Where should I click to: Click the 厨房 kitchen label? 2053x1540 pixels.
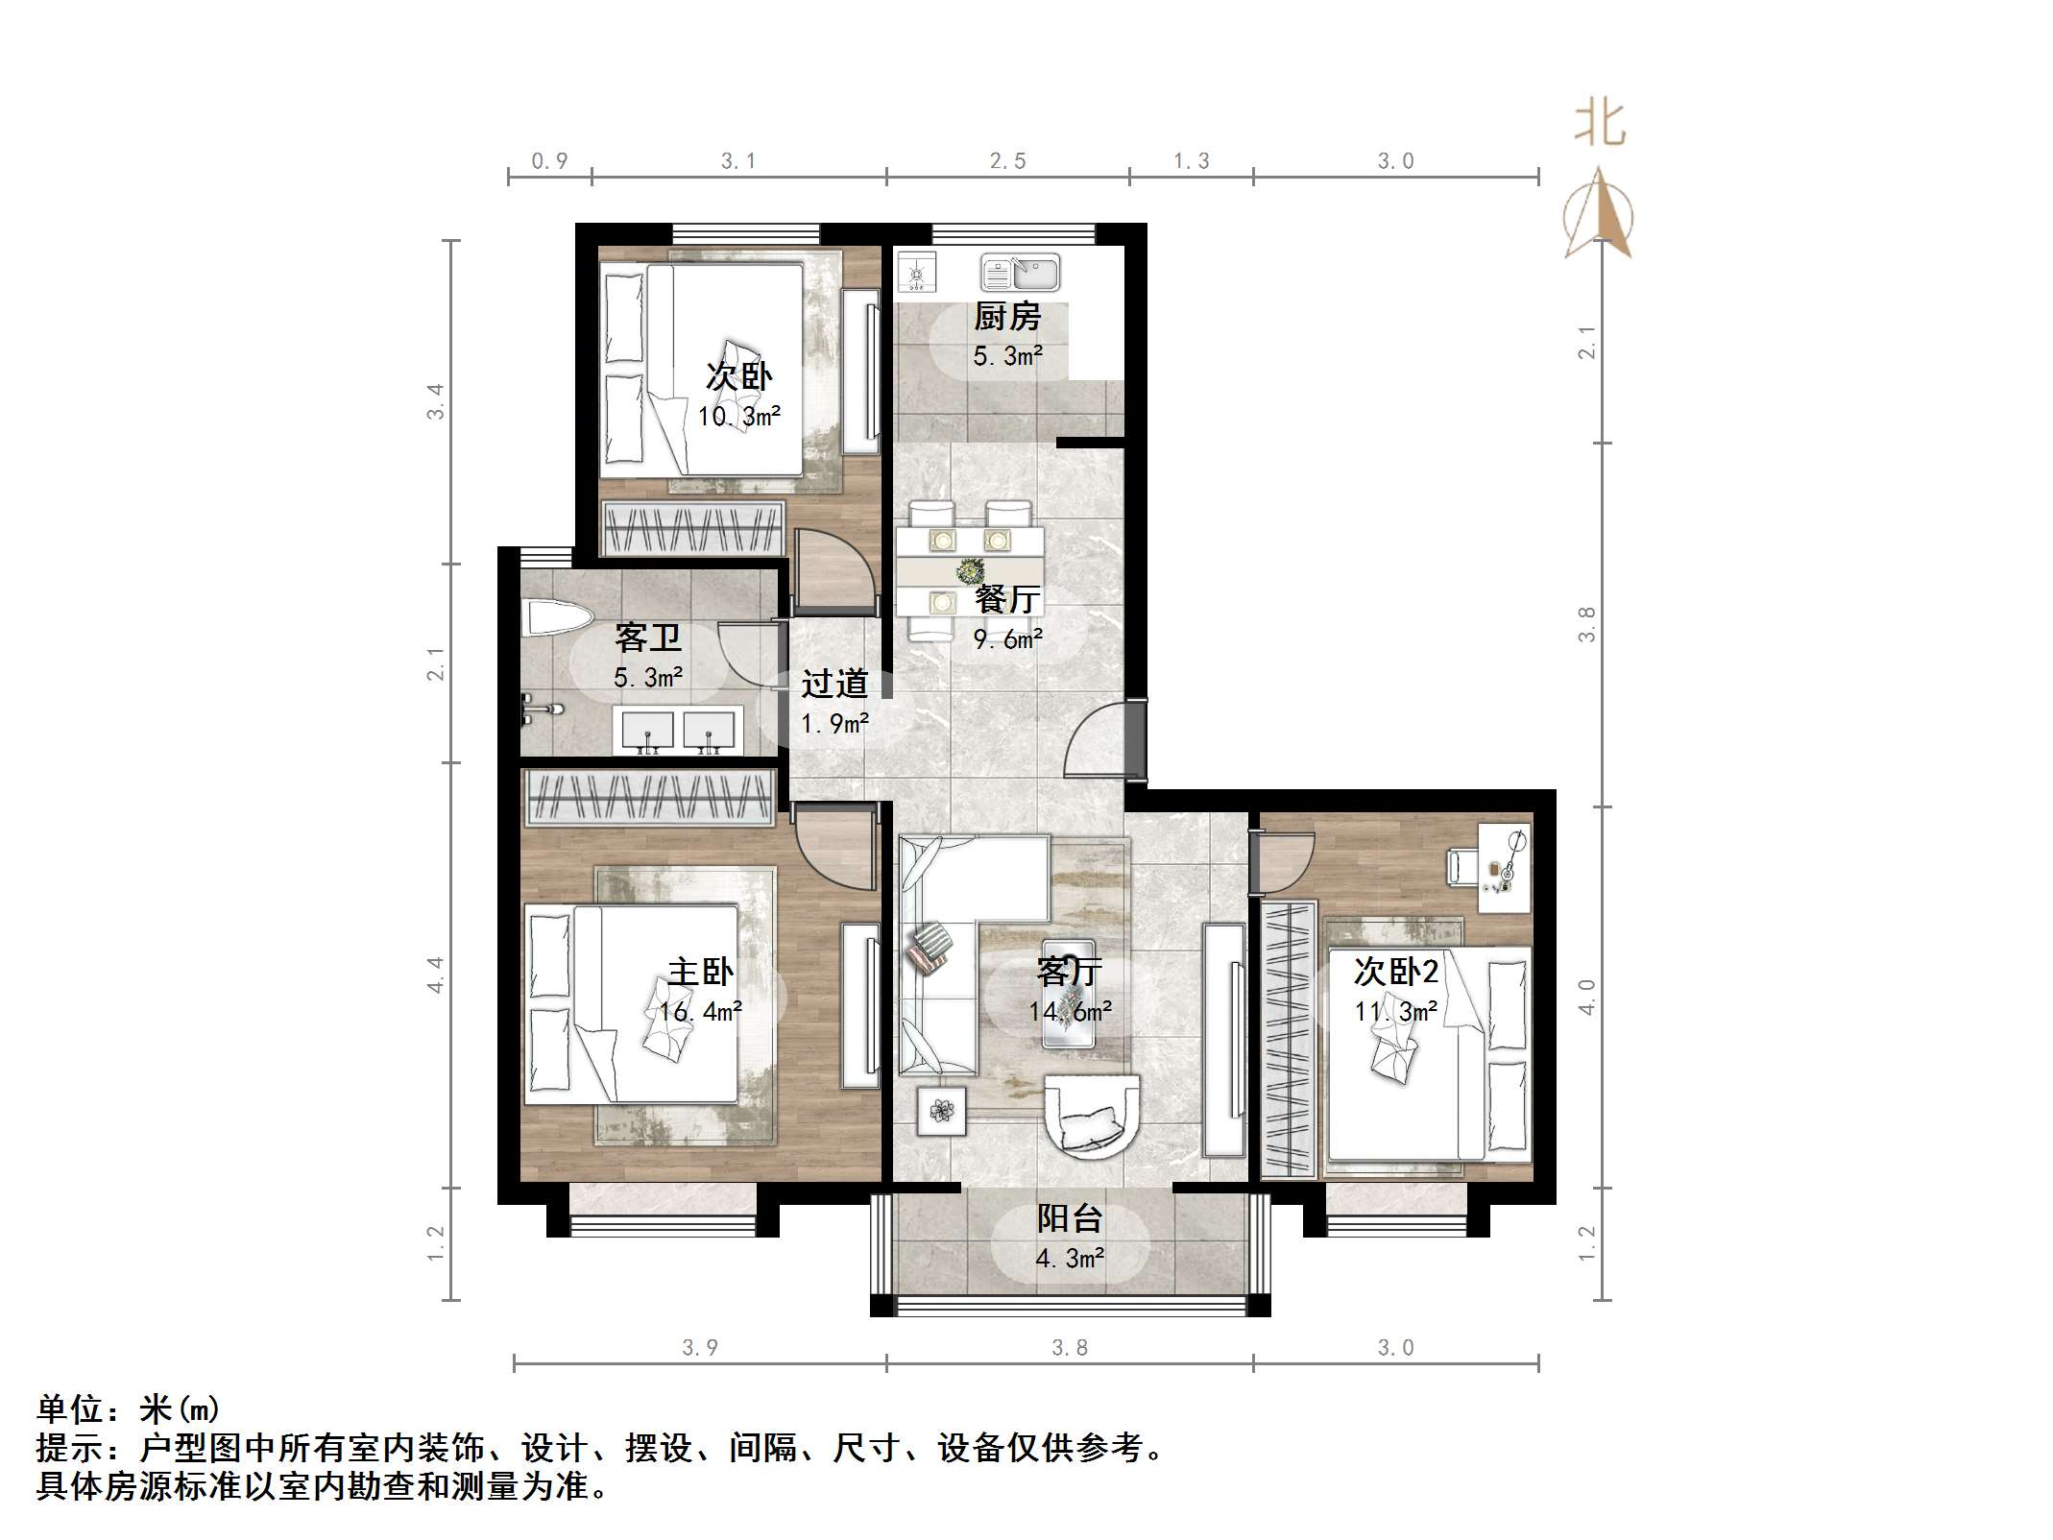pos(1007,316)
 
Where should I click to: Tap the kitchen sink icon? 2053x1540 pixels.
pos(1020,273)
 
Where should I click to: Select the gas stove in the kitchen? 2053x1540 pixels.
pos(916,273)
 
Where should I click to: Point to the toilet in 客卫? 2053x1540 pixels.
pos(557,617)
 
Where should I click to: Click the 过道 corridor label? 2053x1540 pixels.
pos(834,684)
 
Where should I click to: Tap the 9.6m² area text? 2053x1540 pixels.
pos(1007,639)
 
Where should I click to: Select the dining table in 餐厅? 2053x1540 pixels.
pos(970,570)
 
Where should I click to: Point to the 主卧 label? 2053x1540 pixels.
pos(700,972)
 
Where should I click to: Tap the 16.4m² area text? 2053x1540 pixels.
pos(700,1011)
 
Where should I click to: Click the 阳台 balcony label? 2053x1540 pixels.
pos(1069,1218)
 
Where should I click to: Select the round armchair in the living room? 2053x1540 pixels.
pos(1093,1114)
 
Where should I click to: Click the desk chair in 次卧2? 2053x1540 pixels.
pos(1461,866)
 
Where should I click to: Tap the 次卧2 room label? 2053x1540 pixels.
pos(1395,972)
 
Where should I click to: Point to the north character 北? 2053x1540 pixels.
pos(1599,125)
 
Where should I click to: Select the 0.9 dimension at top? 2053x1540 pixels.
pos(549,161)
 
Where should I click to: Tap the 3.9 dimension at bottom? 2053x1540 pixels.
pos(700,1347)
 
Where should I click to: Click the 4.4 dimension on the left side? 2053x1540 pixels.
pos(436,974)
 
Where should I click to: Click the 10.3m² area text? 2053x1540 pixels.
pos(738,417)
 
